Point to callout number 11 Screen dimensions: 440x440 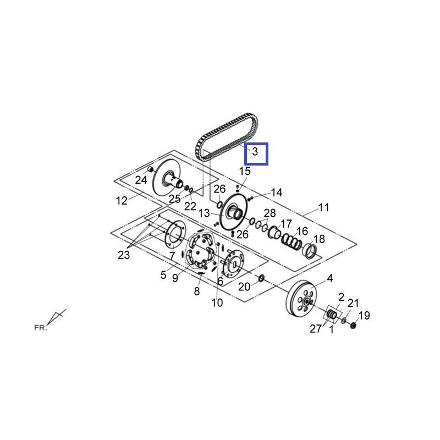coord(323,207)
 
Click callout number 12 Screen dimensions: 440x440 coord(122,201)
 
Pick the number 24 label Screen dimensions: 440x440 coord(141,180)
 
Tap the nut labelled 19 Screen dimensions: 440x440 coord(353,325)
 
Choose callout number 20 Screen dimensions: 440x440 coord(244,287)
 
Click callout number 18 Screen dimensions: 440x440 coord(319,239)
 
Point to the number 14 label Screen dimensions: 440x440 coord(276,193)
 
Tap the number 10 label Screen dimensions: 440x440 coord(217,302)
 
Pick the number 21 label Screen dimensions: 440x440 coord(353,303)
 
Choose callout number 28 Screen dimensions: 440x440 coord(269,213)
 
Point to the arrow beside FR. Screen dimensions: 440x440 coord(57,317)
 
